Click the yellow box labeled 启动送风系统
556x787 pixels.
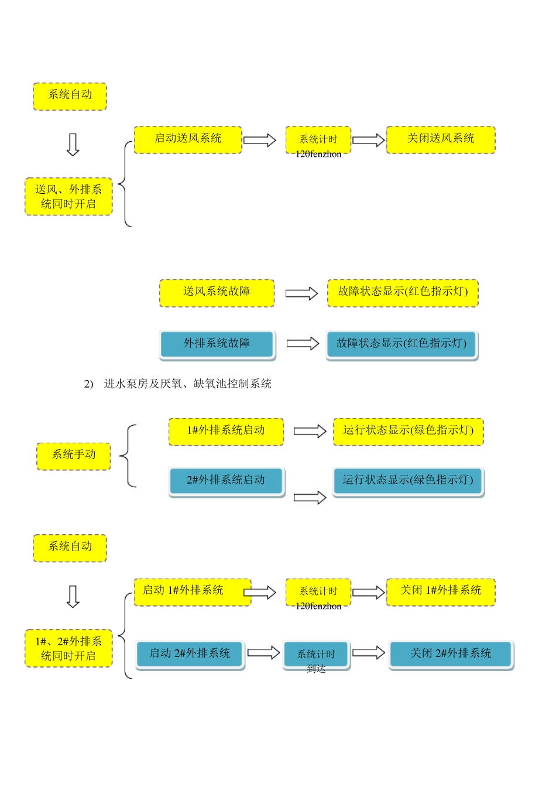click(x=188, y=139)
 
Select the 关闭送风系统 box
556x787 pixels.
click(x=441, y=139)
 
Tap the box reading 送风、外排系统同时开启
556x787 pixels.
click(x=68, y=197)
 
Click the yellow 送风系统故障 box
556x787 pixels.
click(x=217, y=292)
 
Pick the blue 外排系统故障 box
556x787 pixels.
click(x=217, y=344)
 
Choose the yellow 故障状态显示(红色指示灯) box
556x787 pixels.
click(x=403, y=292)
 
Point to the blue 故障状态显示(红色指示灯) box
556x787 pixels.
click(x=401, y=344)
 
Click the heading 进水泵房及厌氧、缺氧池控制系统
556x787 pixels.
click(x=187, y=384)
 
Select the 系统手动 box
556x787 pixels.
click(x=74, y=456)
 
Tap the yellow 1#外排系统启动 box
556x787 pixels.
click(x=226, y=431)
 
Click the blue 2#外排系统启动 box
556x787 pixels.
click(x=226, y=481)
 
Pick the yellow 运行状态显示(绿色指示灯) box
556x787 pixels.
click(x=409, y=431)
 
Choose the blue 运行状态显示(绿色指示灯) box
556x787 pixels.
click(x=408, y=481)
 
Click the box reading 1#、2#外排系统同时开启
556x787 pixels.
click(x=68, y=649)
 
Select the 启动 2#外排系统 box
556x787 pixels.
click(x=190, y=654)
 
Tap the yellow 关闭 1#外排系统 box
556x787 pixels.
click(x=441, y=591)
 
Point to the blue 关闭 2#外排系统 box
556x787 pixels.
click(x=451, y=654)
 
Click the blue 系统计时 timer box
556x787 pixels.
click(x=316, y=655)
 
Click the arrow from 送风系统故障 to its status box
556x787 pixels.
click(x=301, y=293)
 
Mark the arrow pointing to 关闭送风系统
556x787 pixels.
click(x=369, y=140)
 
